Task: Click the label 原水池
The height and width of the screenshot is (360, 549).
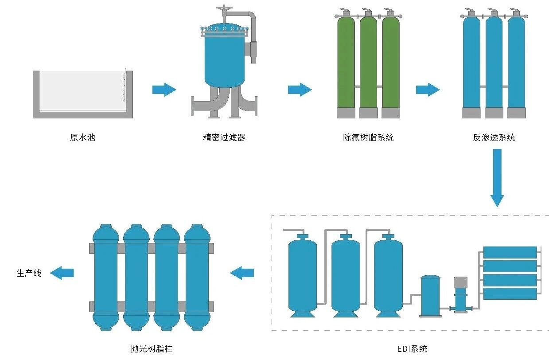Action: click(82, 137)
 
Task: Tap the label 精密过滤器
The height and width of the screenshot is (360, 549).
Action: click(224, 137)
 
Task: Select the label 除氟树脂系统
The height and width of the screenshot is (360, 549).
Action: click(368, 137)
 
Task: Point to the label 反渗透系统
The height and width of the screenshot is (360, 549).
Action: click(494, 137)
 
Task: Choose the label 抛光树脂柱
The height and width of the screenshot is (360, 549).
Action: click(152, 349)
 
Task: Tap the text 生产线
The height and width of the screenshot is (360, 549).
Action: click(29, 273)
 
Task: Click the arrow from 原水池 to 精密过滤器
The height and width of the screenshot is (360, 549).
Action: click(164, 90)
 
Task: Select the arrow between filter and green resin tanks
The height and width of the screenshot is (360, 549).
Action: click(300, 90)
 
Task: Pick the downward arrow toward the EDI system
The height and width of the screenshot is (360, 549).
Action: click(497, 177)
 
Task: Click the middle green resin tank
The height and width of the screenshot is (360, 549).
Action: click(368, 62)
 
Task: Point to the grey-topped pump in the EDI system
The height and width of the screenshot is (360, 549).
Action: click(460, 293)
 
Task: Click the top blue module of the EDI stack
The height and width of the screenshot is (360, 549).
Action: click(510, 252)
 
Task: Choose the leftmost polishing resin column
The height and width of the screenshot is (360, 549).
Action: click(105, 277)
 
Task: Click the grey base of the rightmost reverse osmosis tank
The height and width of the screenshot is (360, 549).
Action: click(516, 113)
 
